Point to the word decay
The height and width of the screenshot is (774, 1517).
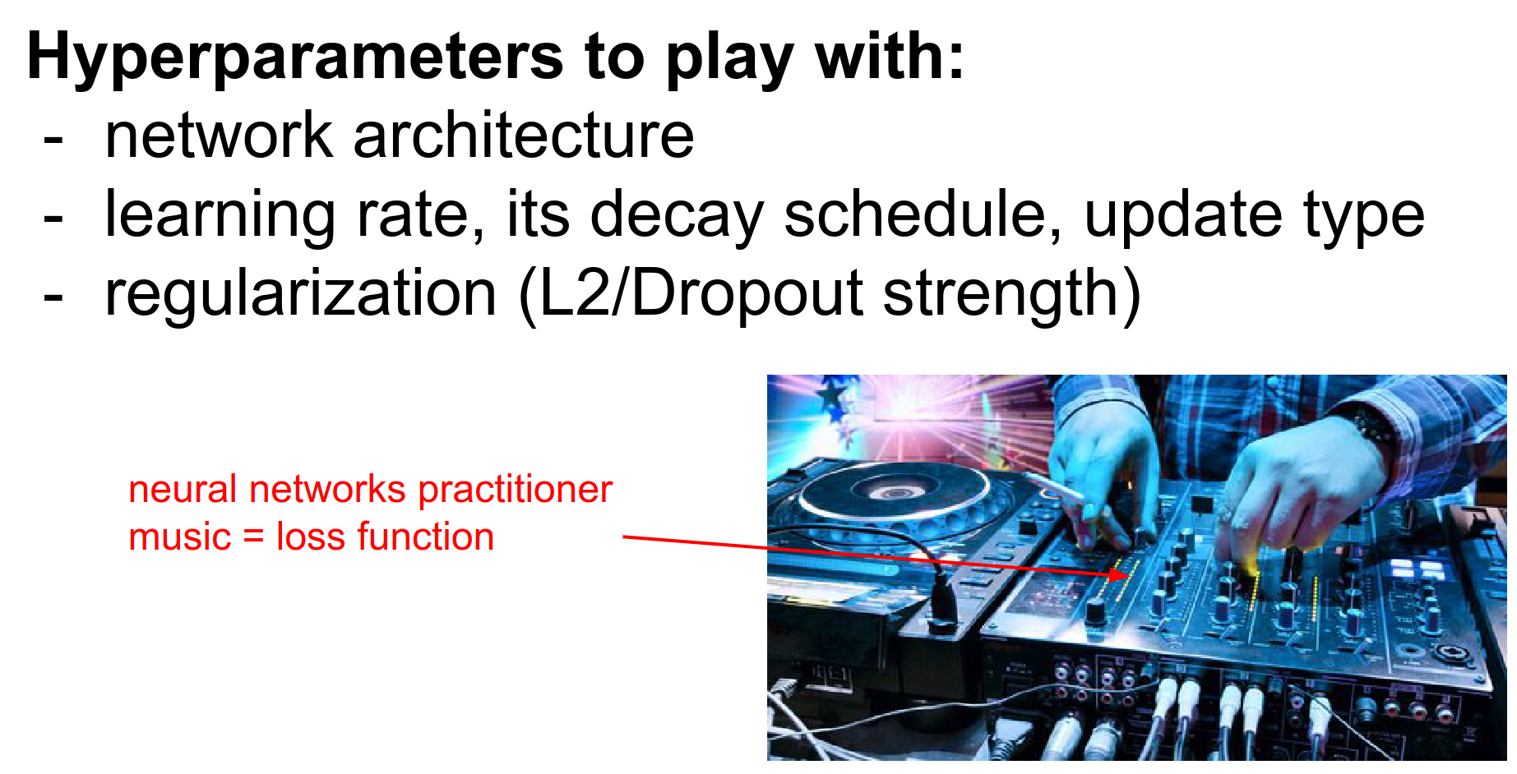(677, 215)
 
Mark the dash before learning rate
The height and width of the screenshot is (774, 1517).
(53, 218)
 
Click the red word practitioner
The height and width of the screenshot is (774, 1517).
(516, 491)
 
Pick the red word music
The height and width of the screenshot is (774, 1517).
(180, 537)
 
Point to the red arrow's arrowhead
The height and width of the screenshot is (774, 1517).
(1119, 573)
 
